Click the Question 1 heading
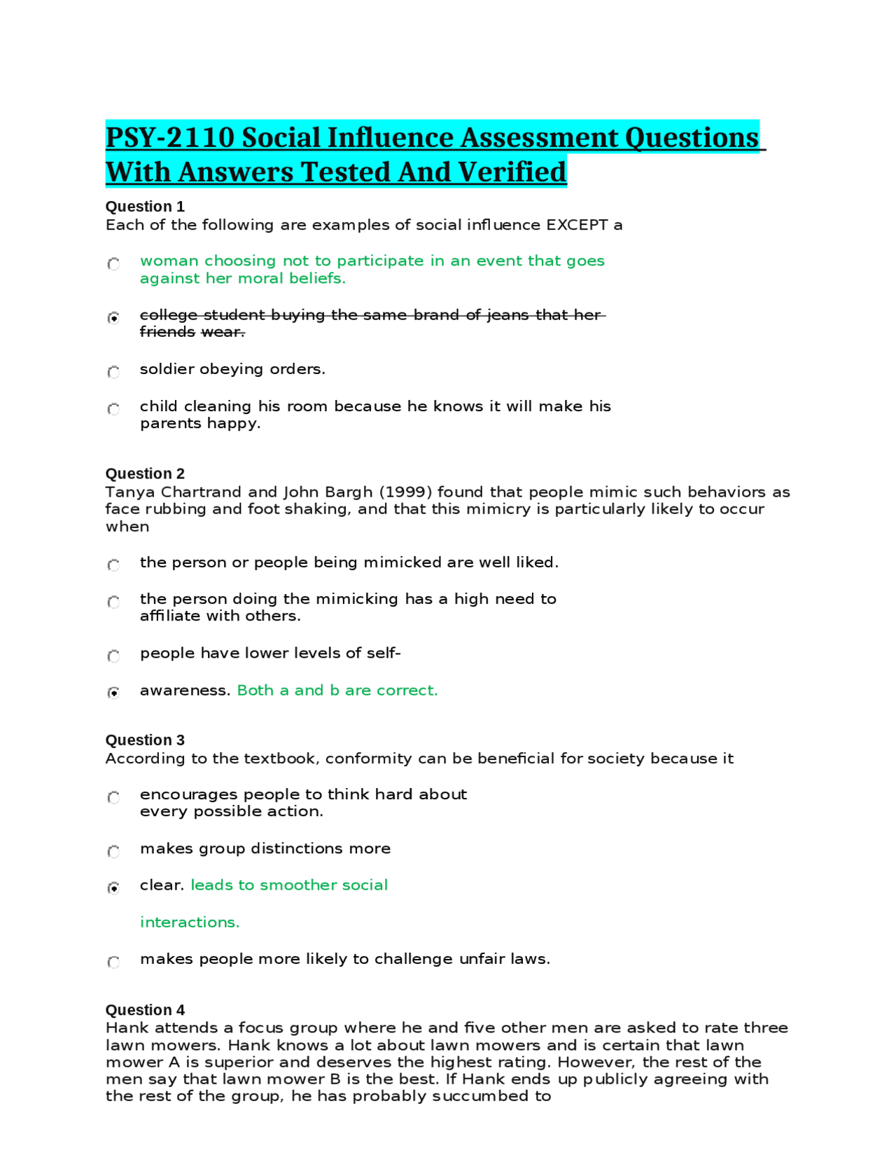coord(145,207)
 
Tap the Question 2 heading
coord(145,474)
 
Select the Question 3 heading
coord(145,740)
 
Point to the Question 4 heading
coord(145,1010)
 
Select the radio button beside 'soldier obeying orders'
coord(113,371)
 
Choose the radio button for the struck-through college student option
coord(113,317)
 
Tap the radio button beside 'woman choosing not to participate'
coord(113,263)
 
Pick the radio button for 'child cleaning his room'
coord(113,408)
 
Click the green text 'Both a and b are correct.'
coord(337,691)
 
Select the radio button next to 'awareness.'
coord(113,693)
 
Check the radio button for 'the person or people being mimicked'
coord(113,565)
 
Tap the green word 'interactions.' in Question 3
coord(190,923)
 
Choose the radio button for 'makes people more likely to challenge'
coord(113,962)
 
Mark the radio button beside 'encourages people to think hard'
coord(113,797)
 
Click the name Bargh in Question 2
coord(349,492)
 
